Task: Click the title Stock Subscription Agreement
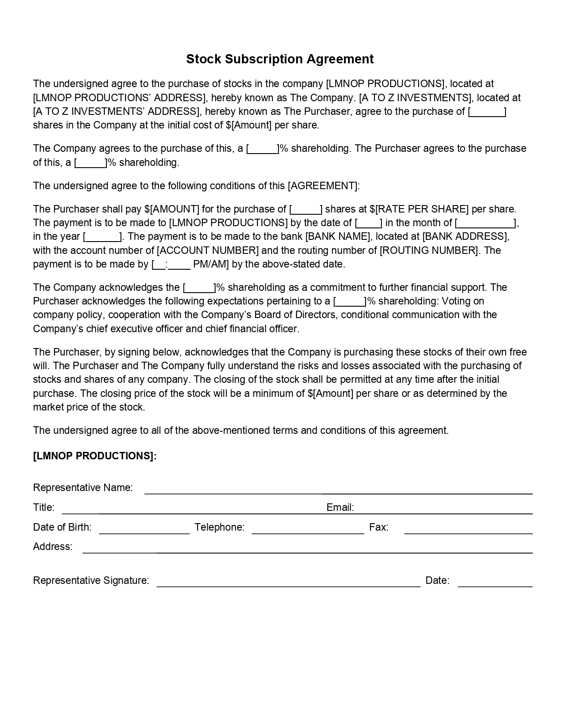[280, 59]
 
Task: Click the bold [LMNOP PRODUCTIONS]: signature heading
[95, 456]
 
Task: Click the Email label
[340, 507]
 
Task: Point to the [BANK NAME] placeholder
[337, 236]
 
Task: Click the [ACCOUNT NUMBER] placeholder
[208, 250]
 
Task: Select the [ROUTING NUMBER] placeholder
[429, 250]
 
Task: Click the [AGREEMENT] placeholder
[323, 186]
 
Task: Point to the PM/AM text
[209, 264]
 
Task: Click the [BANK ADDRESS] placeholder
[465, 236]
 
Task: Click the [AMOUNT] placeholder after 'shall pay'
[175, 209]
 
